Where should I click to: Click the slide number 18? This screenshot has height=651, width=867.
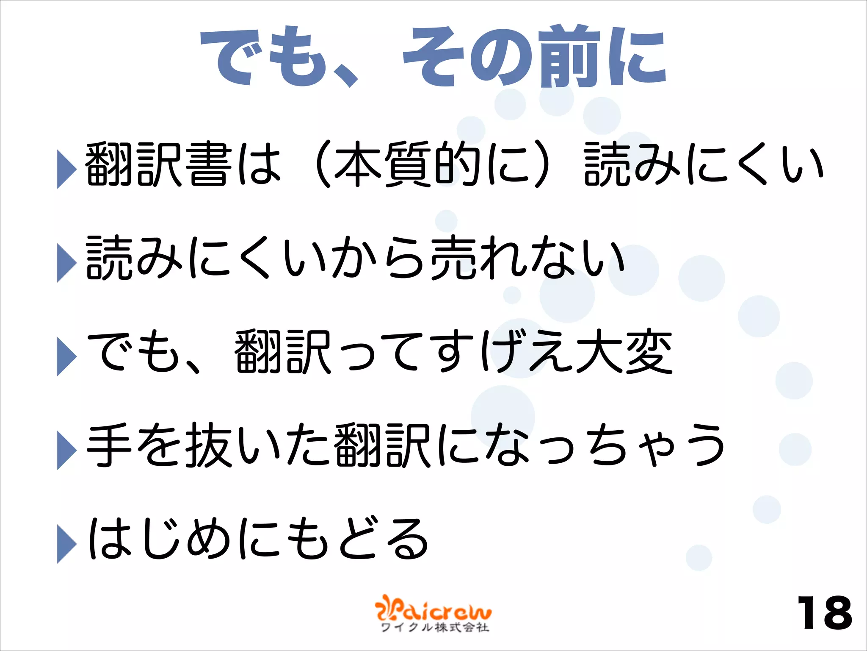pos(824,613)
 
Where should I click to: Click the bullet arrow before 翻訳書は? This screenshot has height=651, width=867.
pos(66,168)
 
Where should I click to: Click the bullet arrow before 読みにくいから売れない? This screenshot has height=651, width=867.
pos(66,262)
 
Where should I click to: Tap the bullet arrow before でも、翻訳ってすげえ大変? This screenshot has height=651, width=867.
pos(66,356)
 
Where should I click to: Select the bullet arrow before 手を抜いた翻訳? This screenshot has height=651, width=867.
pos(66,450)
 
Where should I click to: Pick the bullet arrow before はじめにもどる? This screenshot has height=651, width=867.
pos(66,543)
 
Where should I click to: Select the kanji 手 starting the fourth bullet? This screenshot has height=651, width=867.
pos(109,445)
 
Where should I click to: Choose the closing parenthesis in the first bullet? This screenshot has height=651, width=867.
pos(542,164)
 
